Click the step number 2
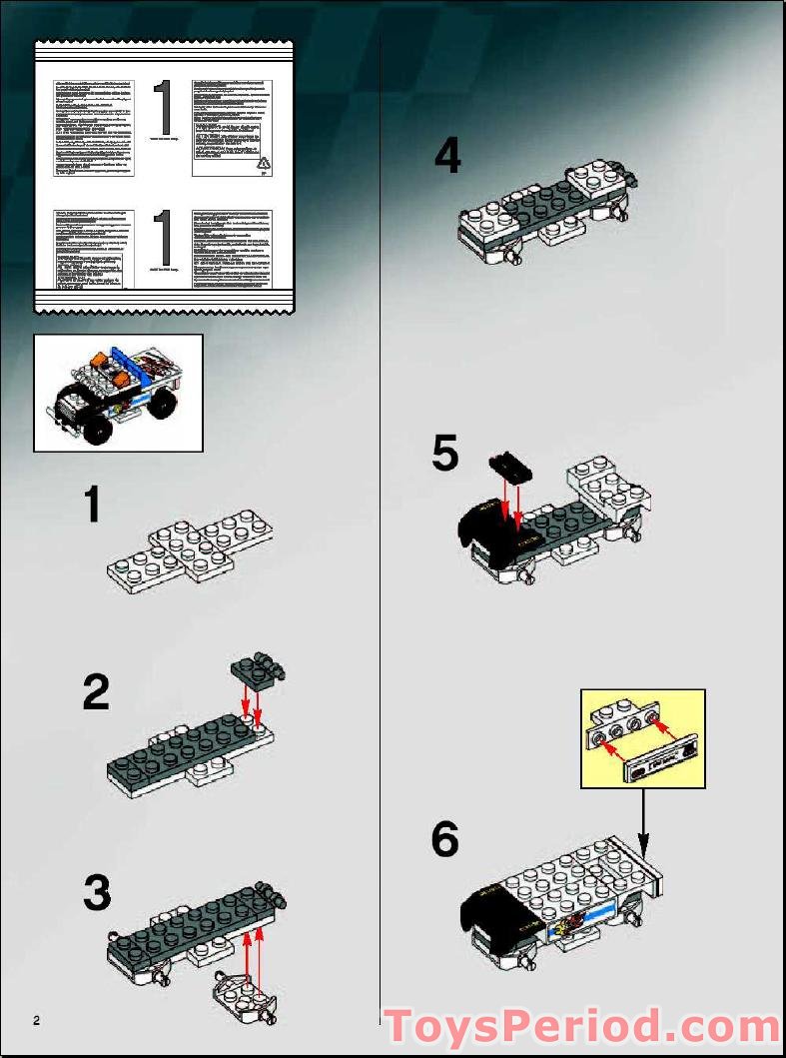pyautogui.click(x=96, y=691)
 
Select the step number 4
pyautogui.click(x=447, y=157)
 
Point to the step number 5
pyautogui.click(x=445, y=455)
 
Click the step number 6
pyautogui.click(x=445, y=839)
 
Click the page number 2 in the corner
pyautogui.click(x=37, y=1020)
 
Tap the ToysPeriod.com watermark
pyautogui.click(x=582, y=1026)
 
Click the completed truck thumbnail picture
pyautogui.click(x=118, y=393)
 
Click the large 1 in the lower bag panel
pyautogui.click(x=165, y=240)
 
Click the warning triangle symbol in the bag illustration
pyautogui.click(x=263, y=163)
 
